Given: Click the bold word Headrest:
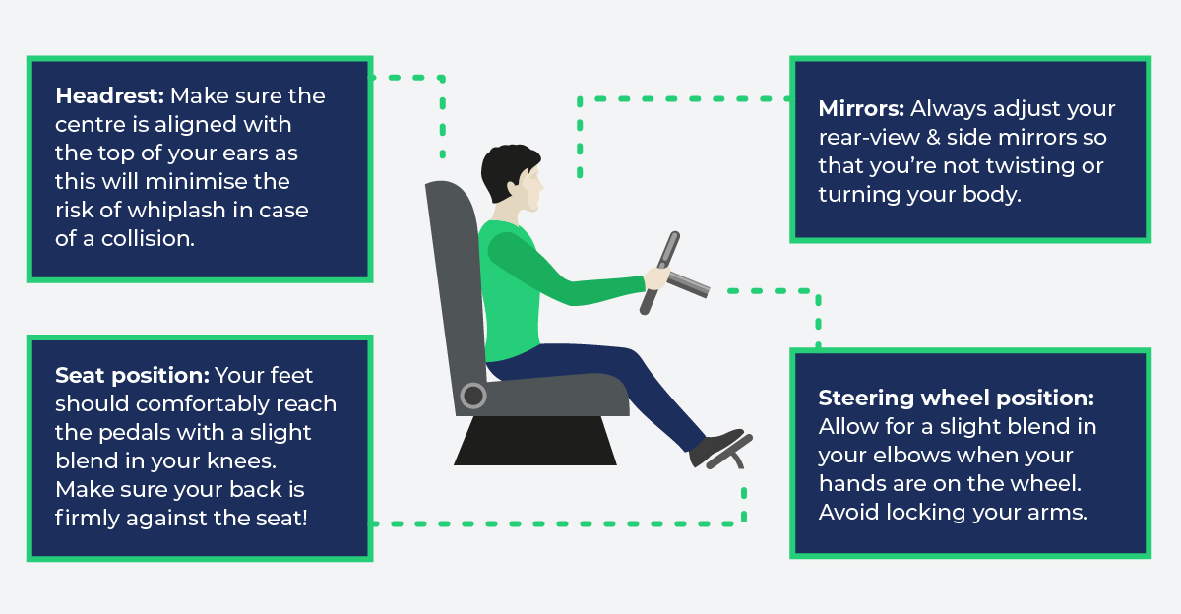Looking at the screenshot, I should [110, 96].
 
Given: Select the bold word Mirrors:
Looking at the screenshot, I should [860, 109].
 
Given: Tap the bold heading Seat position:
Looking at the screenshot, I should [132, 376].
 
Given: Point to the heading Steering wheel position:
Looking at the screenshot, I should [956, 399].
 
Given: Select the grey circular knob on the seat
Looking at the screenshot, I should [473, 396].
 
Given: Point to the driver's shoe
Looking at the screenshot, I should [715, 448].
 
